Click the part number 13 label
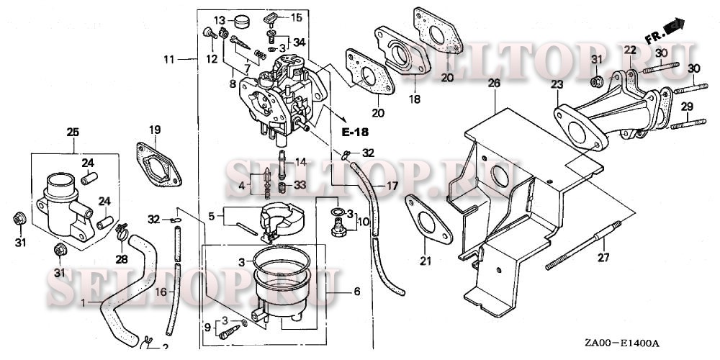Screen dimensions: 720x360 220,20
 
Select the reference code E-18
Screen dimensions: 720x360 355,132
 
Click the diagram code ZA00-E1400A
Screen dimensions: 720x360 622,343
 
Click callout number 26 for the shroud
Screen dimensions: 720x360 494,84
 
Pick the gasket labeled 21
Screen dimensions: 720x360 428,219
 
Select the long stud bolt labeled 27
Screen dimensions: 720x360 583,246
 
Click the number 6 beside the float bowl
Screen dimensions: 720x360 357,291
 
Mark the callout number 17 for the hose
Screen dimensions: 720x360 392,186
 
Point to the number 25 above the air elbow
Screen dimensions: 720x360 73,132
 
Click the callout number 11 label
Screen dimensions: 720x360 169,59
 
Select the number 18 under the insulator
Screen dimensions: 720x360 414,99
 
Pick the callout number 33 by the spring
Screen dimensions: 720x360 300,184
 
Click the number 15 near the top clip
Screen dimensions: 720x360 297,18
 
